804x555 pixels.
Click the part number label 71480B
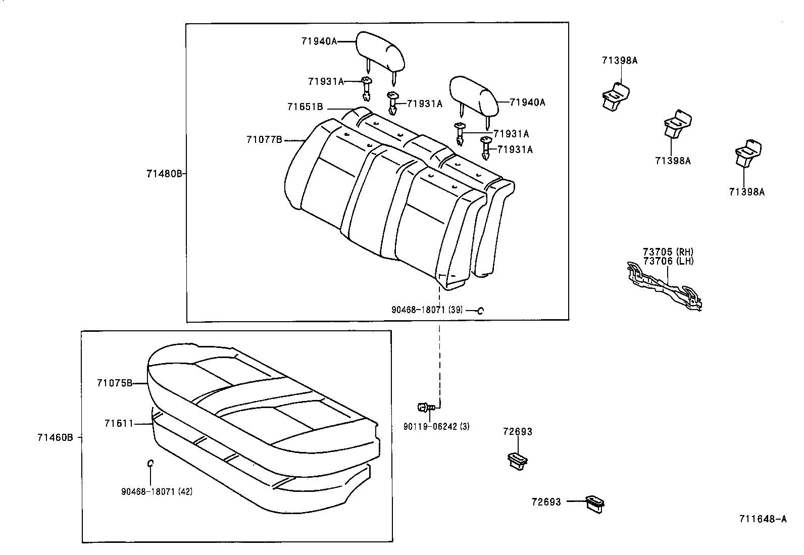164,174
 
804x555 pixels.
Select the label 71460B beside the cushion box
55,437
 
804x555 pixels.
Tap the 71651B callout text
305,107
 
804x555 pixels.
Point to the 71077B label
264,140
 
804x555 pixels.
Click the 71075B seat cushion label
115,383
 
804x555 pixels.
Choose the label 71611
119,424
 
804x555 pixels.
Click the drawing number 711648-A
763,519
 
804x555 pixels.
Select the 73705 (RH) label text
668,252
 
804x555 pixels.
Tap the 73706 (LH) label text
668,261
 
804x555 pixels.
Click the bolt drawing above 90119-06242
424,407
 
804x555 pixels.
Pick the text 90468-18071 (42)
157,491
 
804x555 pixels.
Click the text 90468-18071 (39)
427,310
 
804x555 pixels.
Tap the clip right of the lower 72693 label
594,503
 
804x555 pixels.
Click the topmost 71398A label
619,61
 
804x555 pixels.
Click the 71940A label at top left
319,42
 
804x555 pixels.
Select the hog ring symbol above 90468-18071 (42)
150,463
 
